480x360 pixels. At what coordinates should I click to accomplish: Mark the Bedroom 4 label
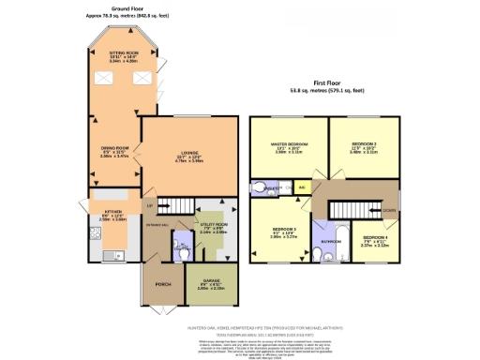point(375,237)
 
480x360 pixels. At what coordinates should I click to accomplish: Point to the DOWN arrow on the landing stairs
point(387,210)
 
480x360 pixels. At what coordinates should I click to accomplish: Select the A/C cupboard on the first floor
point(301,188)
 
